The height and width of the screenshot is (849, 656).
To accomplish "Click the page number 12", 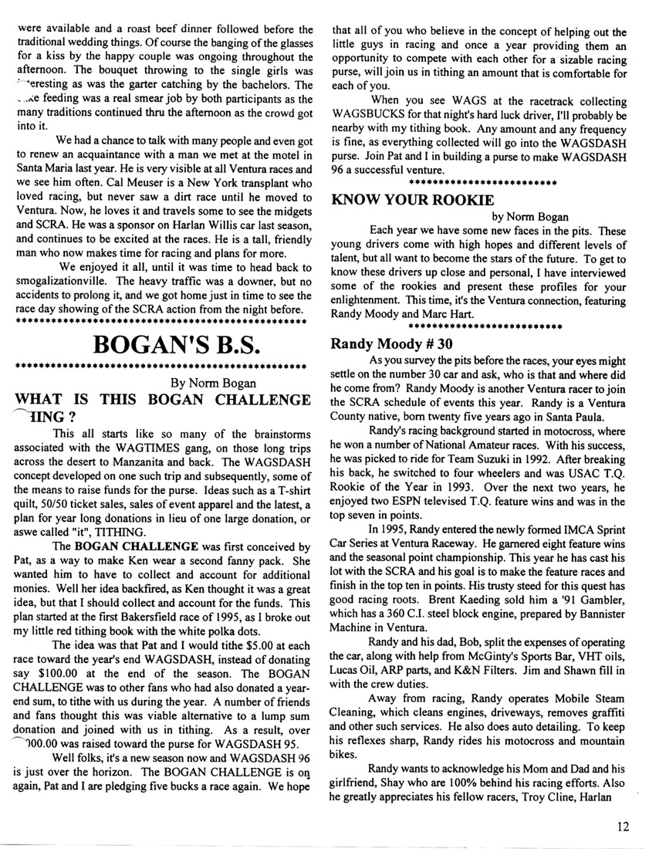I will coord(624,826).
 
